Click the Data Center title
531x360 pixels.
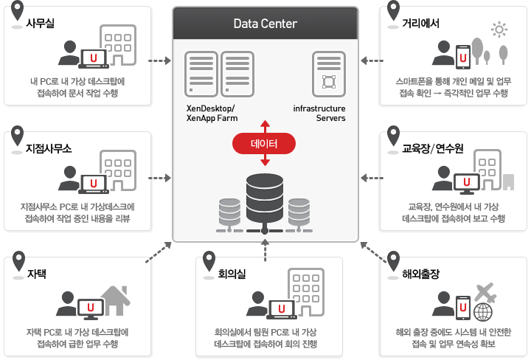coord(265,23)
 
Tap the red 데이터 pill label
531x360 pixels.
coord(265,143)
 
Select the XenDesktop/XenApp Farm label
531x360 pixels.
coord(212,113)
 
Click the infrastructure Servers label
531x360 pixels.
coord(319,113)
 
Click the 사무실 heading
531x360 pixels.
coord(41,23)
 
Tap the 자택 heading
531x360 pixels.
coord(37,274)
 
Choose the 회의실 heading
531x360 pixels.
coord(231,274)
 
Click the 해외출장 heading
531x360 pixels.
coord(421,274)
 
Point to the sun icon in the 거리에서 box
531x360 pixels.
coord(500,30)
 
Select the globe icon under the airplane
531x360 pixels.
coord(484,312)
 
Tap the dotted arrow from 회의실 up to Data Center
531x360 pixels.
coord(265,249)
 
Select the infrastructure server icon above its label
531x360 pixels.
coord(328,72)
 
